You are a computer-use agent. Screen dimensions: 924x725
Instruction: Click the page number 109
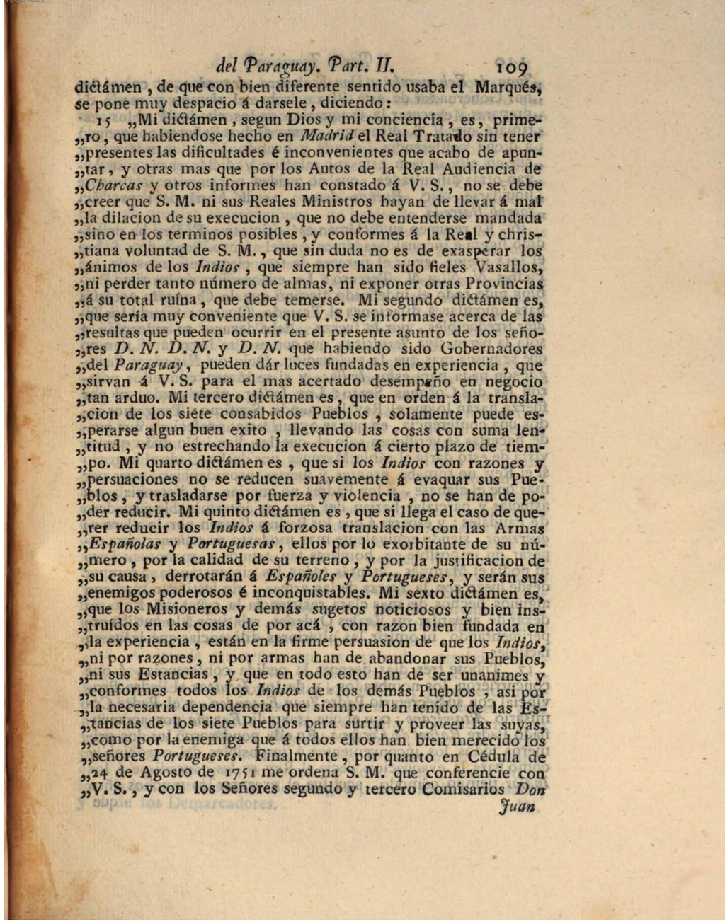511,68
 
